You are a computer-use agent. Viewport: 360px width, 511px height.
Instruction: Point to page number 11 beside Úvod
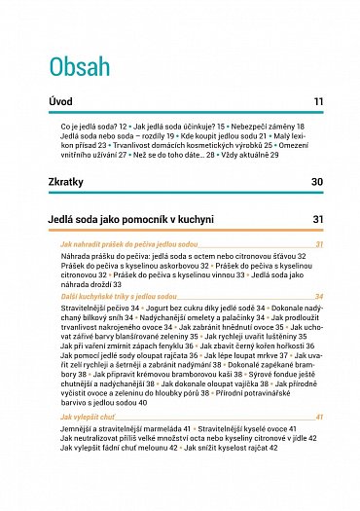click(318, 102)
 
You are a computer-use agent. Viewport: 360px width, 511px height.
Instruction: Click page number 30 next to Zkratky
click(317, 182)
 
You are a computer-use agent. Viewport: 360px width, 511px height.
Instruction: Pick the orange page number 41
click(318, 417)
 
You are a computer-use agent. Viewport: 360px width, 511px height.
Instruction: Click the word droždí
click(100, 285)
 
